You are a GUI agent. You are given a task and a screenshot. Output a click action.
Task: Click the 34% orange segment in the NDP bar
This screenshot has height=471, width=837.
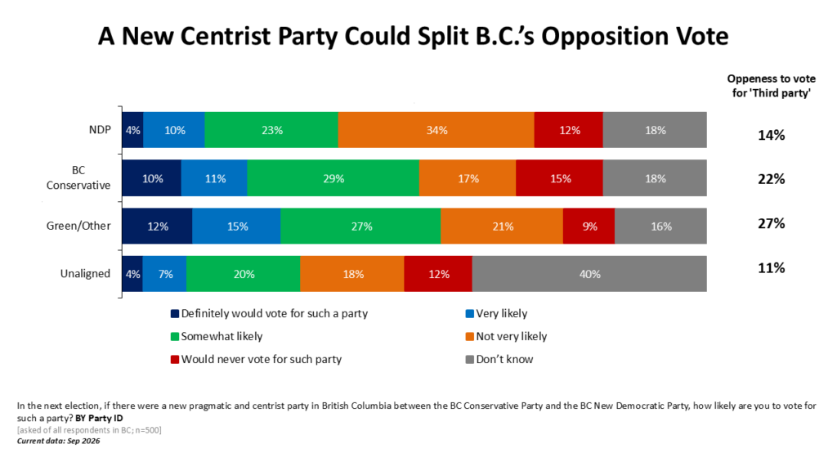pos(436,130)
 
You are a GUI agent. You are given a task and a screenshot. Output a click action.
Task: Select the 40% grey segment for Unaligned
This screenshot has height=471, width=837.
pos(589,274)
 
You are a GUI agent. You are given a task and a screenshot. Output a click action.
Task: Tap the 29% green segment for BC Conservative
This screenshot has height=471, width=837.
pos(333,177)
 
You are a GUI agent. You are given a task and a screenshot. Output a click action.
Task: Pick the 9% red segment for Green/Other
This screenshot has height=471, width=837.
pos(589,226)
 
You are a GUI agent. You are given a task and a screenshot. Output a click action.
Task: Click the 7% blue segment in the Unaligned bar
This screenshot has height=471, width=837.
pos(165,274)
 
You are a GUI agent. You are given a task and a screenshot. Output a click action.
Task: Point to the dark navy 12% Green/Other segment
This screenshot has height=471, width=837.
pos(157,226)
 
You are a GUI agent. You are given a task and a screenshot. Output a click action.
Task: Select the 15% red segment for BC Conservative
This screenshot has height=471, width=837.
pos(559,177)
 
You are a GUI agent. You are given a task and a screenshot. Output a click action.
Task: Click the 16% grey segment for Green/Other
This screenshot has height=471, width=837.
pos(660,226)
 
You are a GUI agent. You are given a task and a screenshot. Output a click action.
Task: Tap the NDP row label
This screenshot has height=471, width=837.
pos(100,130)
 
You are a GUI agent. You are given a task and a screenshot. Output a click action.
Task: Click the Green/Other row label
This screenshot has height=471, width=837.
pos(78,226)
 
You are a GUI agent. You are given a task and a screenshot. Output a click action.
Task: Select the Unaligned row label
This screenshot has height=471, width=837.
pos(85,273)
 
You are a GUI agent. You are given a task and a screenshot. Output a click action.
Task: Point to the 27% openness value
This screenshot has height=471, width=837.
pos(772,223)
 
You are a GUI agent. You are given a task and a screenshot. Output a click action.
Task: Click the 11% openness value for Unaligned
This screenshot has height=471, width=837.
pos(772,267)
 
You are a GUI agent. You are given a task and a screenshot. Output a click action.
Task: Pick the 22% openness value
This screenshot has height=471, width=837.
pos(772,179)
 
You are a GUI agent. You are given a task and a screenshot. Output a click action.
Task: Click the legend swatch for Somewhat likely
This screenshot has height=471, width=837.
pos(175,336)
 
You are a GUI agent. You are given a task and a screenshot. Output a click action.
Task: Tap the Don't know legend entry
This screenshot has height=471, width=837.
pos(499,360)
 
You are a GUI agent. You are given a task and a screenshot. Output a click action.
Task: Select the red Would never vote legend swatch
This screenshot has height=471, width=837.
pos(175,360)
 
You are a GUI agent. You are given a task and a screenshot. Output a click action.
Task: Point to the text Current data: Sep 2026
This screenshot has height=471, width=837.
pos(58,441)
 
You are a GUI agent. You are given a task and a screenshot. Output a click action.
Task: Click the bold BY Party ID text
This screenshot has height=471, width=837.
pos(99,418)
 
